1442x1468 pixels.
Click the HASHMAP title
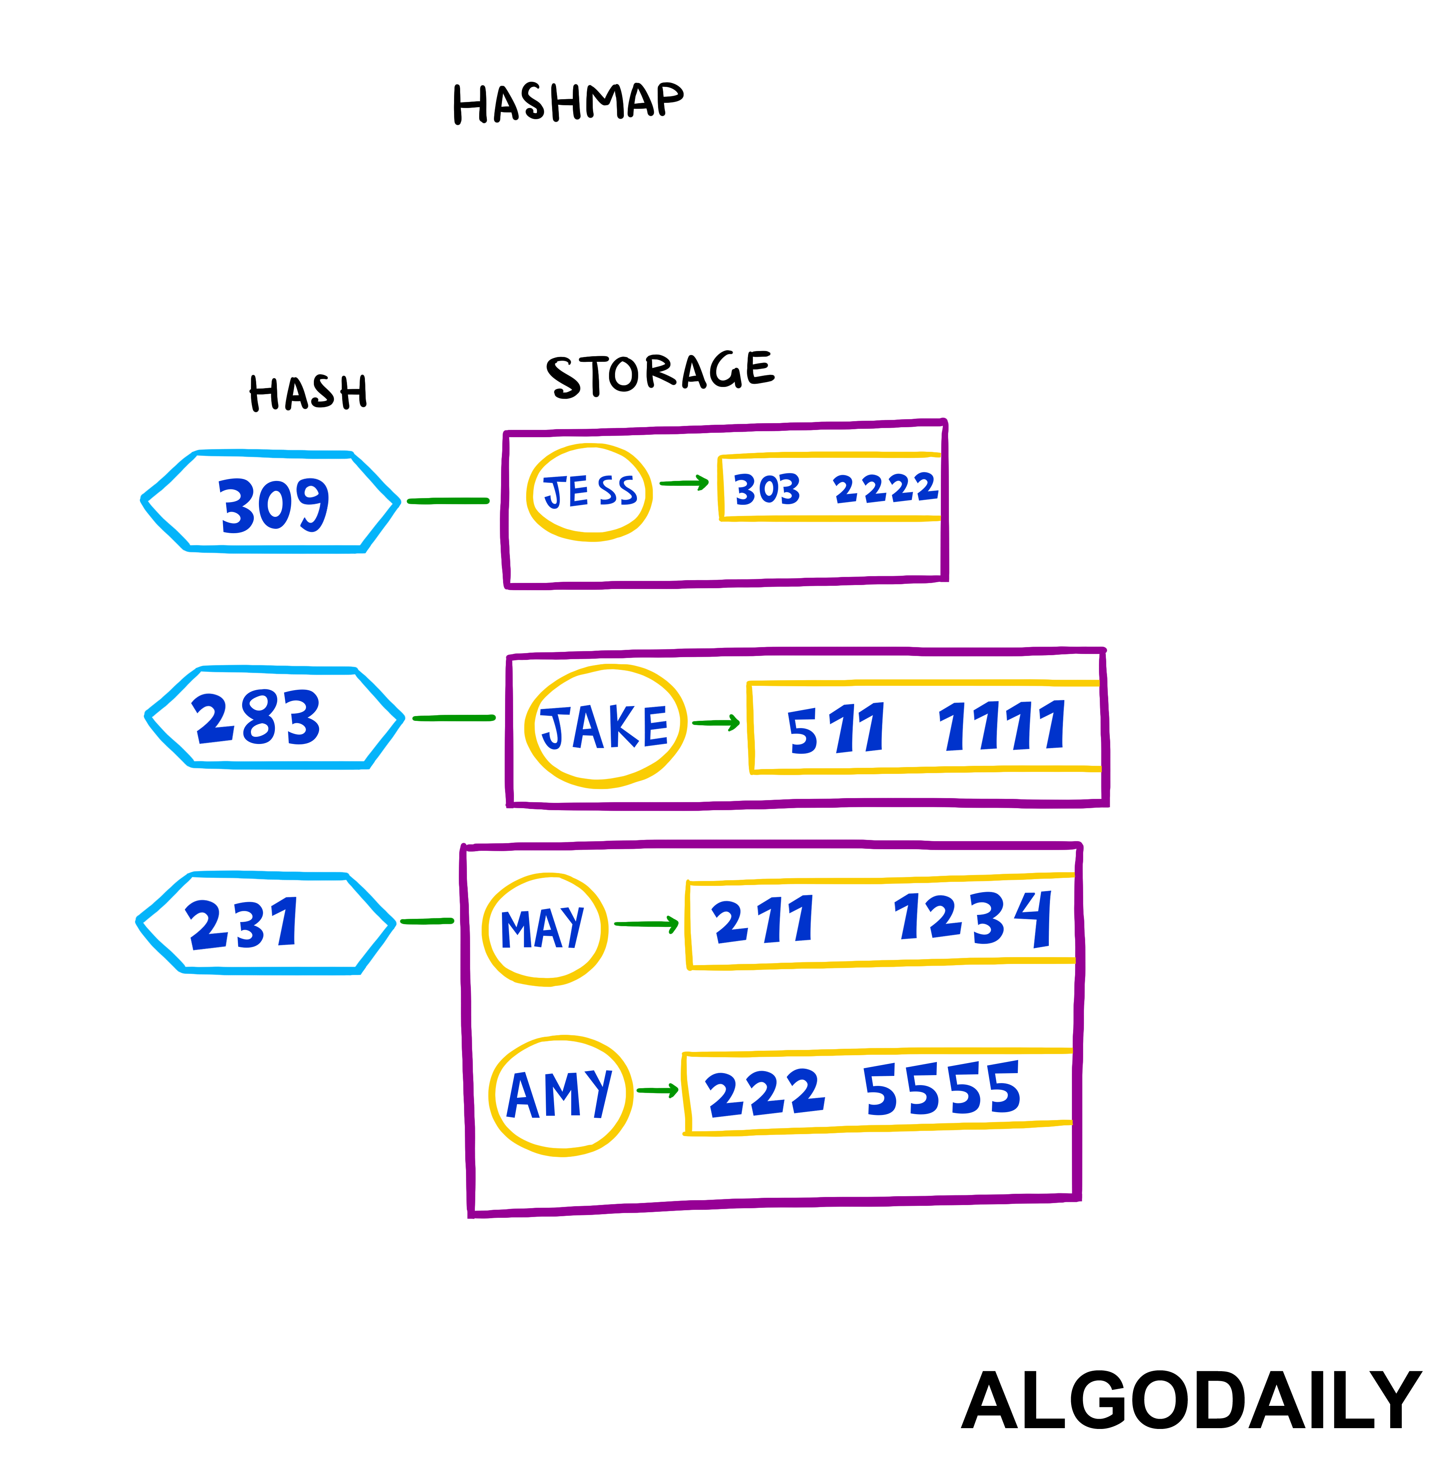pos(568,103)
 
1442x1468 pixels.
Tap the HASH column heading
pos(308,393)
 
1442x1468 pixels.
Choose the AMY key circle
pos(560,1095)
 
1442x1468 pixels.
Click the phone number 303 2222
pos(835,489)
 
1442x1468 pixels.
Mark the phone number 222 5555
pos(863,1091)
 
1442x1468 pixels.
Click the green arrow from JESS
pos(683,483)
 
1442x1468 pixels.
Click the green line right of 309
pos(449,501)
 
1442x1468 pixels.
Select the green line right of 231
pos(426,921)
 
